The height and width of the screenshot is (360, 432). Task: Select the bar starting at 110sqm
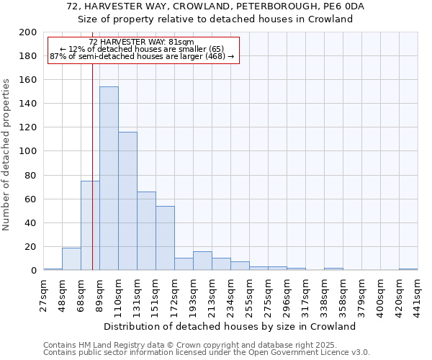pos(127,201)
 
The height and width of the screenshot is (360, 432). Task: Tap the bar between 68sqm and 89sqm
pos(90,225)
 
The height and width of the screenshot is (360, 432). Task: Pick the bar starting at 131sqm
pos(146,231)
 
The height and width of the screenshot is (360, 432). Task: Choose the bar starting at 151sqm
pos(165,238)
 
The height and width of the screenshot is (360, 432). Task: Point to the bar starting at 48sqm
pos(71,259)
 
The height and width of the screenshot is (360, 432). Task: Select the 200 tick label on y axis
pos(28,32)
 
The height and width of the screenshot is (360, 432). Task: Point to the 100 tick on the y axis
pos(28,151)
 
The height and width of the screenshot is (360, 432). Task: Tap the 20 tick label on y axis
pos(31,247)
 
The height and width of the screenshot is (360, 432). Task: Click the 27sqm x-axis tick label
pos(44,294)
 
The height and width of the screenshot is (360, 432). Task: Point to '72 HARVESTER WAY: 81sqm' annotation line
pos(142,42)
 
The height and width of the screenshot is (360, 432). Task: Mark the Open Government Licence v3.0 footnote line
pos(207,353)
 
